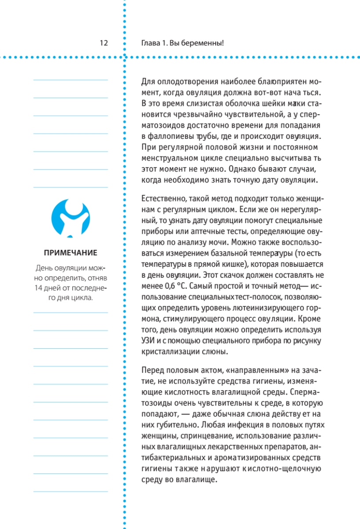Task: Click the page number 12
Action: tap(104, 43)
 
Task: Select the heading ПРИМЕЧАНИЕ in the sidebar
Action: tap(71, 253)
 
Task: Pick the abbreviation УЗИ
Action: tap(148, 341)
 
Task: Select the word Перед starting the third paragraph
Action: tap(152, 370)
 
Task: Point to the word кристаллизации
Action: tap(173, 351)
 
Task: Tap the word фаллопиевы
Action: tap(171, 136)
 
